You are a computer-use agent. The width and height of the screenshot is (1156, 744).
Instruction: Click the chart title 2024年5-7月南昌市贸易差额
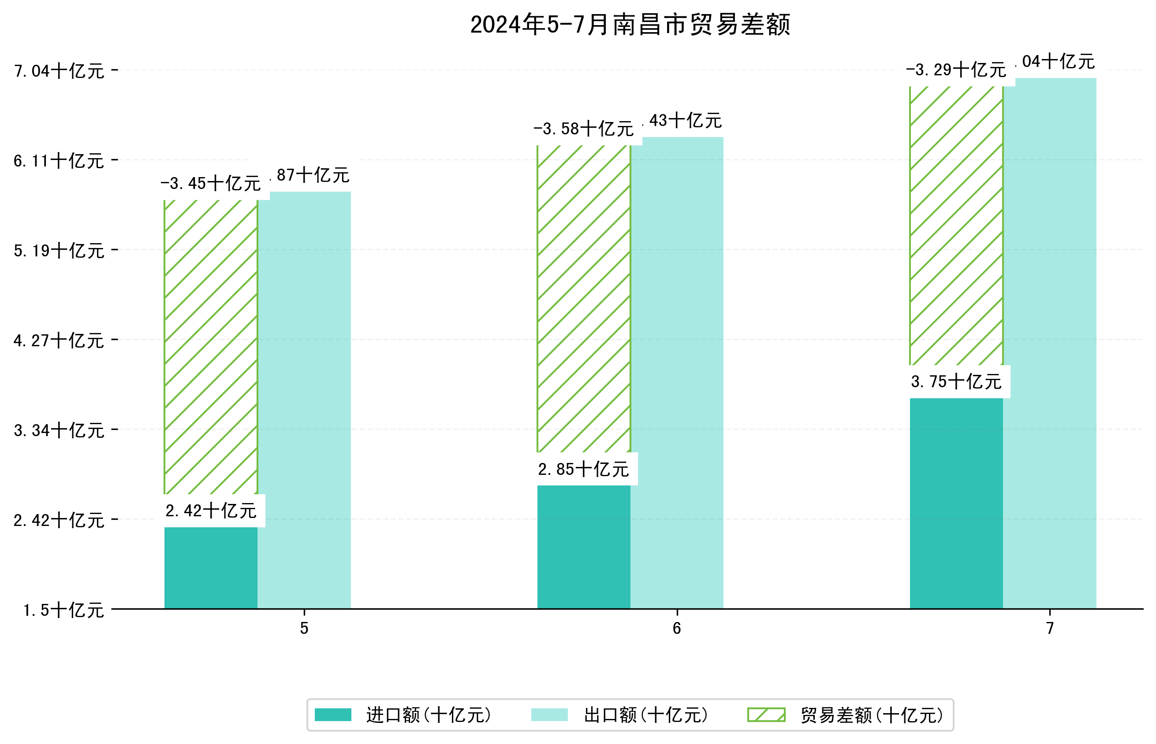630,25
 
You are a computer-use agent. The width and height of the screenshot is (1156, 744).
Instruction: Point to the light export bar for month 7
1049,343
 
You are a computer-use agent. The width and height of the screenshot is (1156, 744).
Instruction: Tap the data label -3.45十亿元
211,184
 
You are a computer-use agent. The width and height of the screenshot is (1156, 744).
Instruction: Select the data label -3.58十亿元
583,129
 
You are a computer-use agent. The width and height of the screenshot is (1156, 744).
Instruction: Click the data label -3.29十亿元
956,70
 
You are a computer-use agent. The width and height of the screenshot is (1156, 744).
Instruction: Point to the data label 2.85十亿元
583,469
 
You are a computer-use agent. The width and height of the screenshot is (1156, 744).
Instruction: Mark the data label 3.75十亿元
956,381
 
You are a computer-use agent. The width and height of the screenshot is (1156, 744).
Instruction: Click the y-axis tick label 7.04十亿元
59,71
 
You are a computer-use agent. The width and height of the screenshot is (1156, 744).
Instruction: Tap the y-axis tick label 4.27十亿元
59,341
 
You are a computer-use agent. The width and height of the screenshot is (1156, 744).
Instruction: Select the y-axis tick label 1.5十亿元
63,610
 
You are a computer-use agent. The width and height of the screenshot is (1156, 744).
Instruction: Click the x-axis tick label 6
676,628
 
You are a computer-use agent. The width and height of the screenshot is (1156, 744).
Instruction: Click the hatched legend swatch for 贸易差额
766,714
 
